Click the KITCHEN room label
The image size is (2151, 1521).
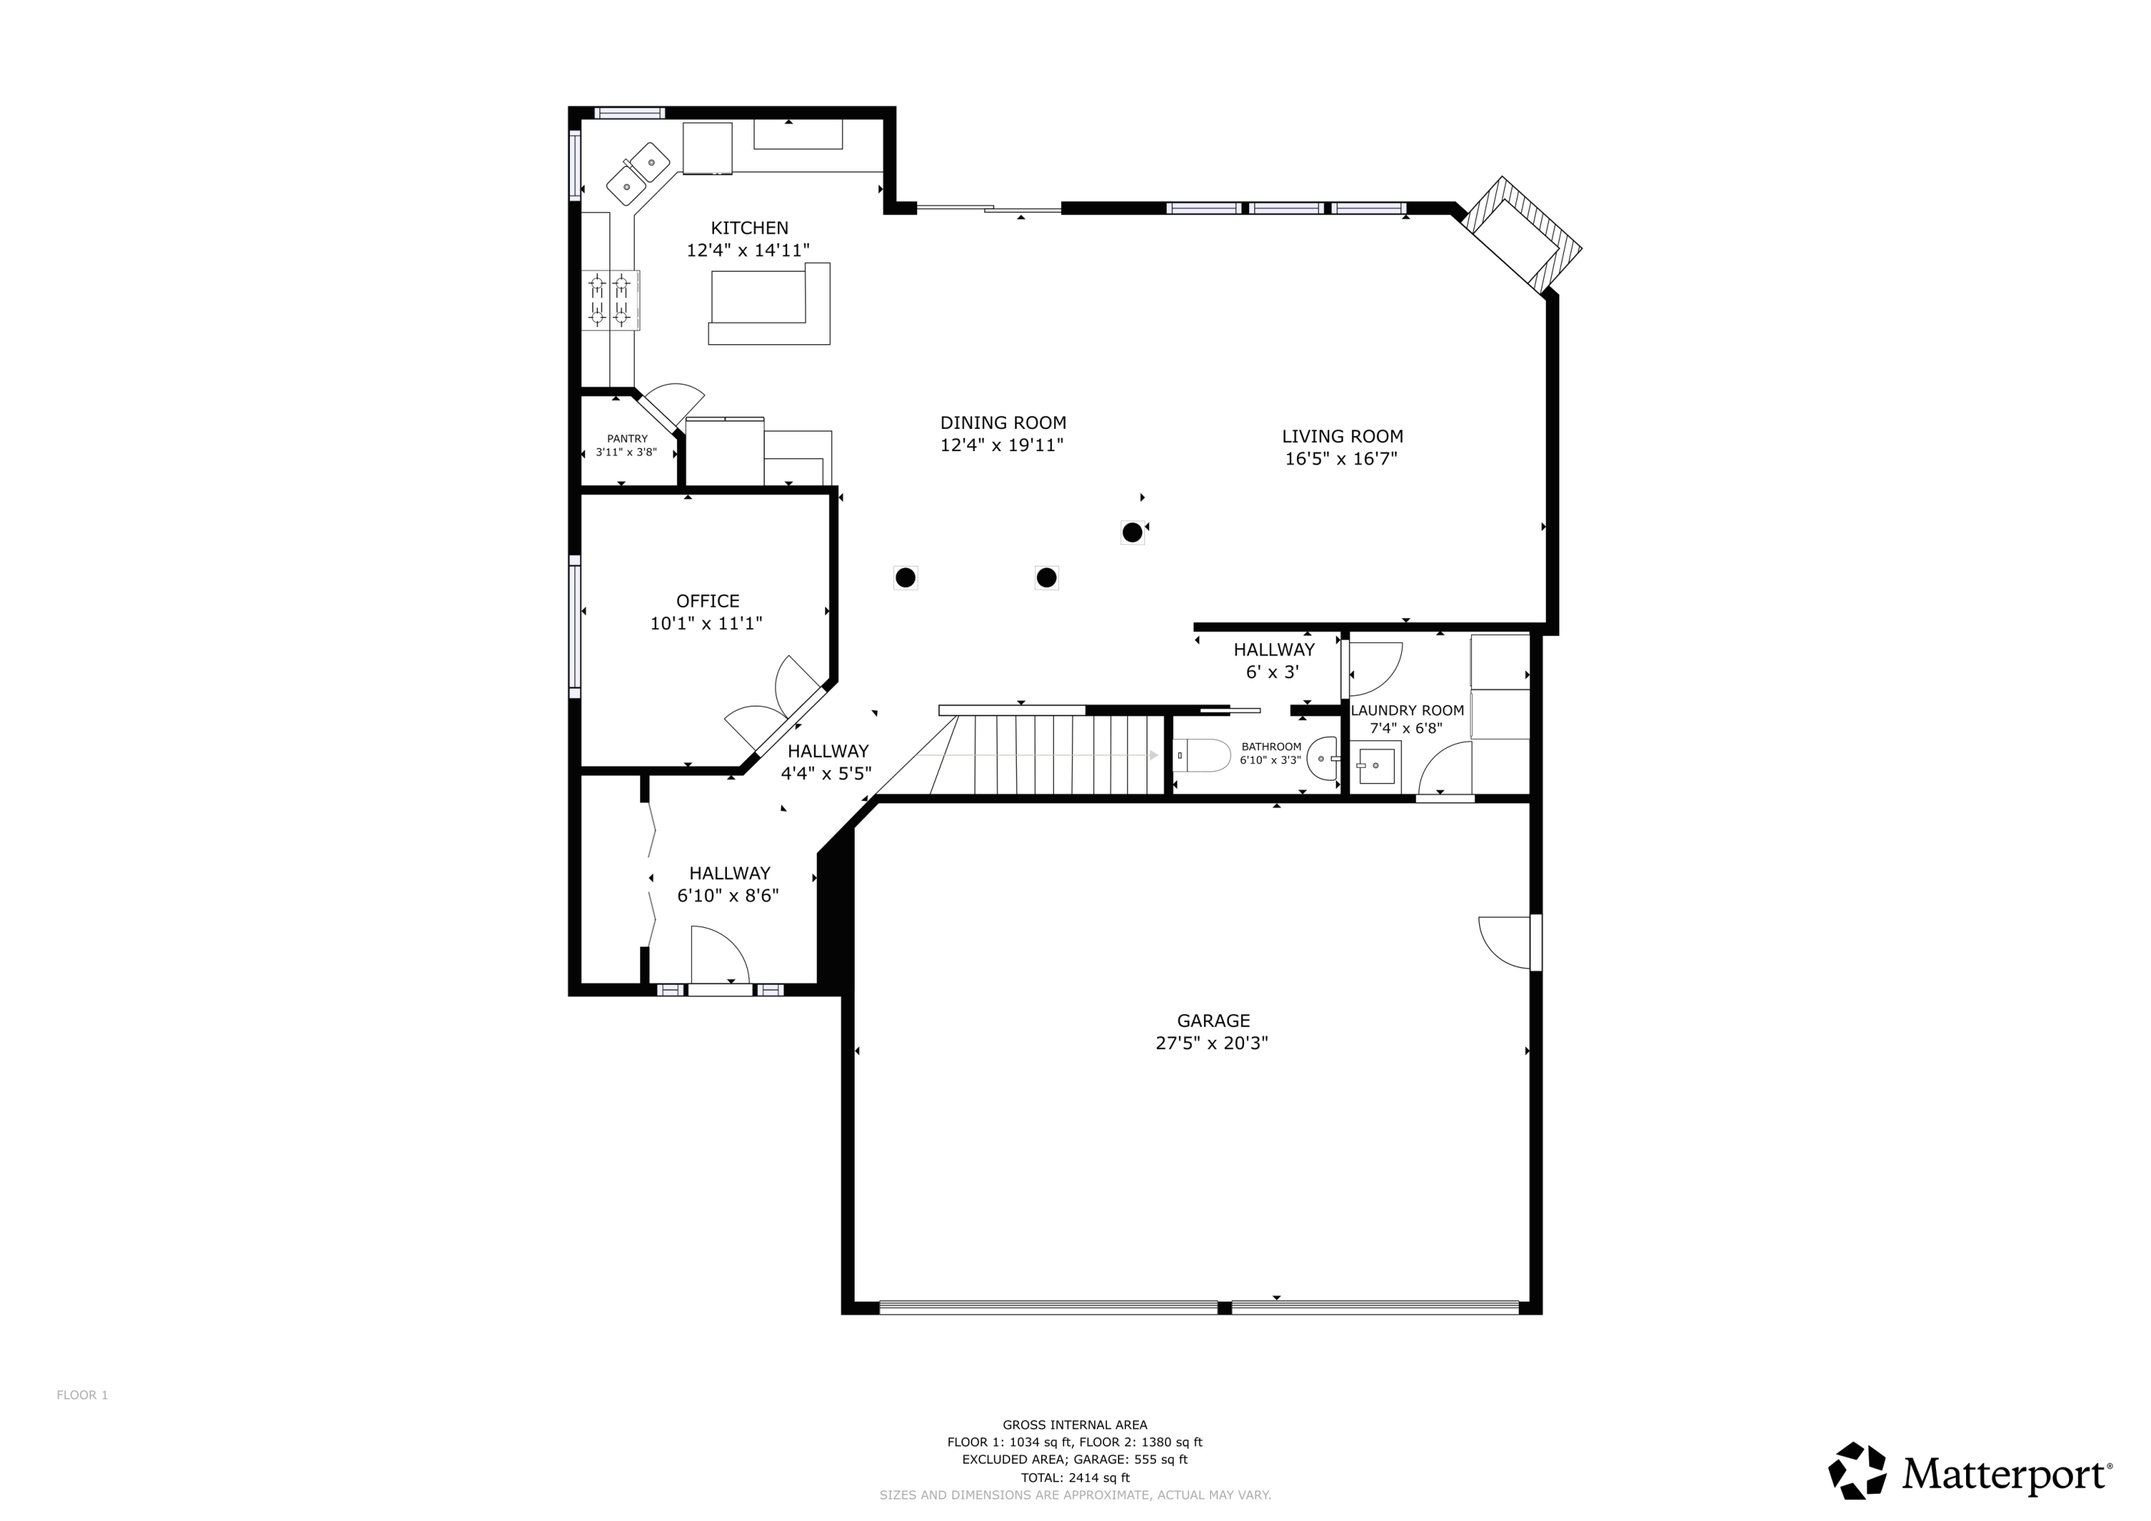[x=749, y=228]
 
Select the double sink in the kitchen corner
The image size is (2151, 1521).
[x=639, y=174]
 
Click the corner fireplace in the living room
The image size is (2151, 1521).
[x=1521, y=238]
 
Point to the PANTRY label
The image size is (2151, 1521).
[x=627, y=439]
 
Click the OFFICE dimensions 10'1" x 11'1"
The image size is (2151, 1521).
[x=706, y=623]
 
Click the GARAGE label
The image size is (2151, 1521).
[x=1213, y=1020]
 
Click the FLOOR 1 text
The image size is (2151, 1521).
[x=82, y=1396]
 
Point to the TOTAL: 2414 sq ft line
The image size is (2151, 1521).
[x=1075, y=1478]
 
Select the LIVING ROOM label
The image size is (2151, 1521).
[x=1342, y=436]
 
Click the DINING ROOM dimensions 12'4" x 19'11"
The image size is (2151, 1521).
[x=1002, y=445]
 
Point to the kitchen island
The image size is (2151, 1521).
[x=768, y=305]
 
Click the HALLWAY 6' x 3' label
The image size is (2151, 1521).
[x=1273, y=660]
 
